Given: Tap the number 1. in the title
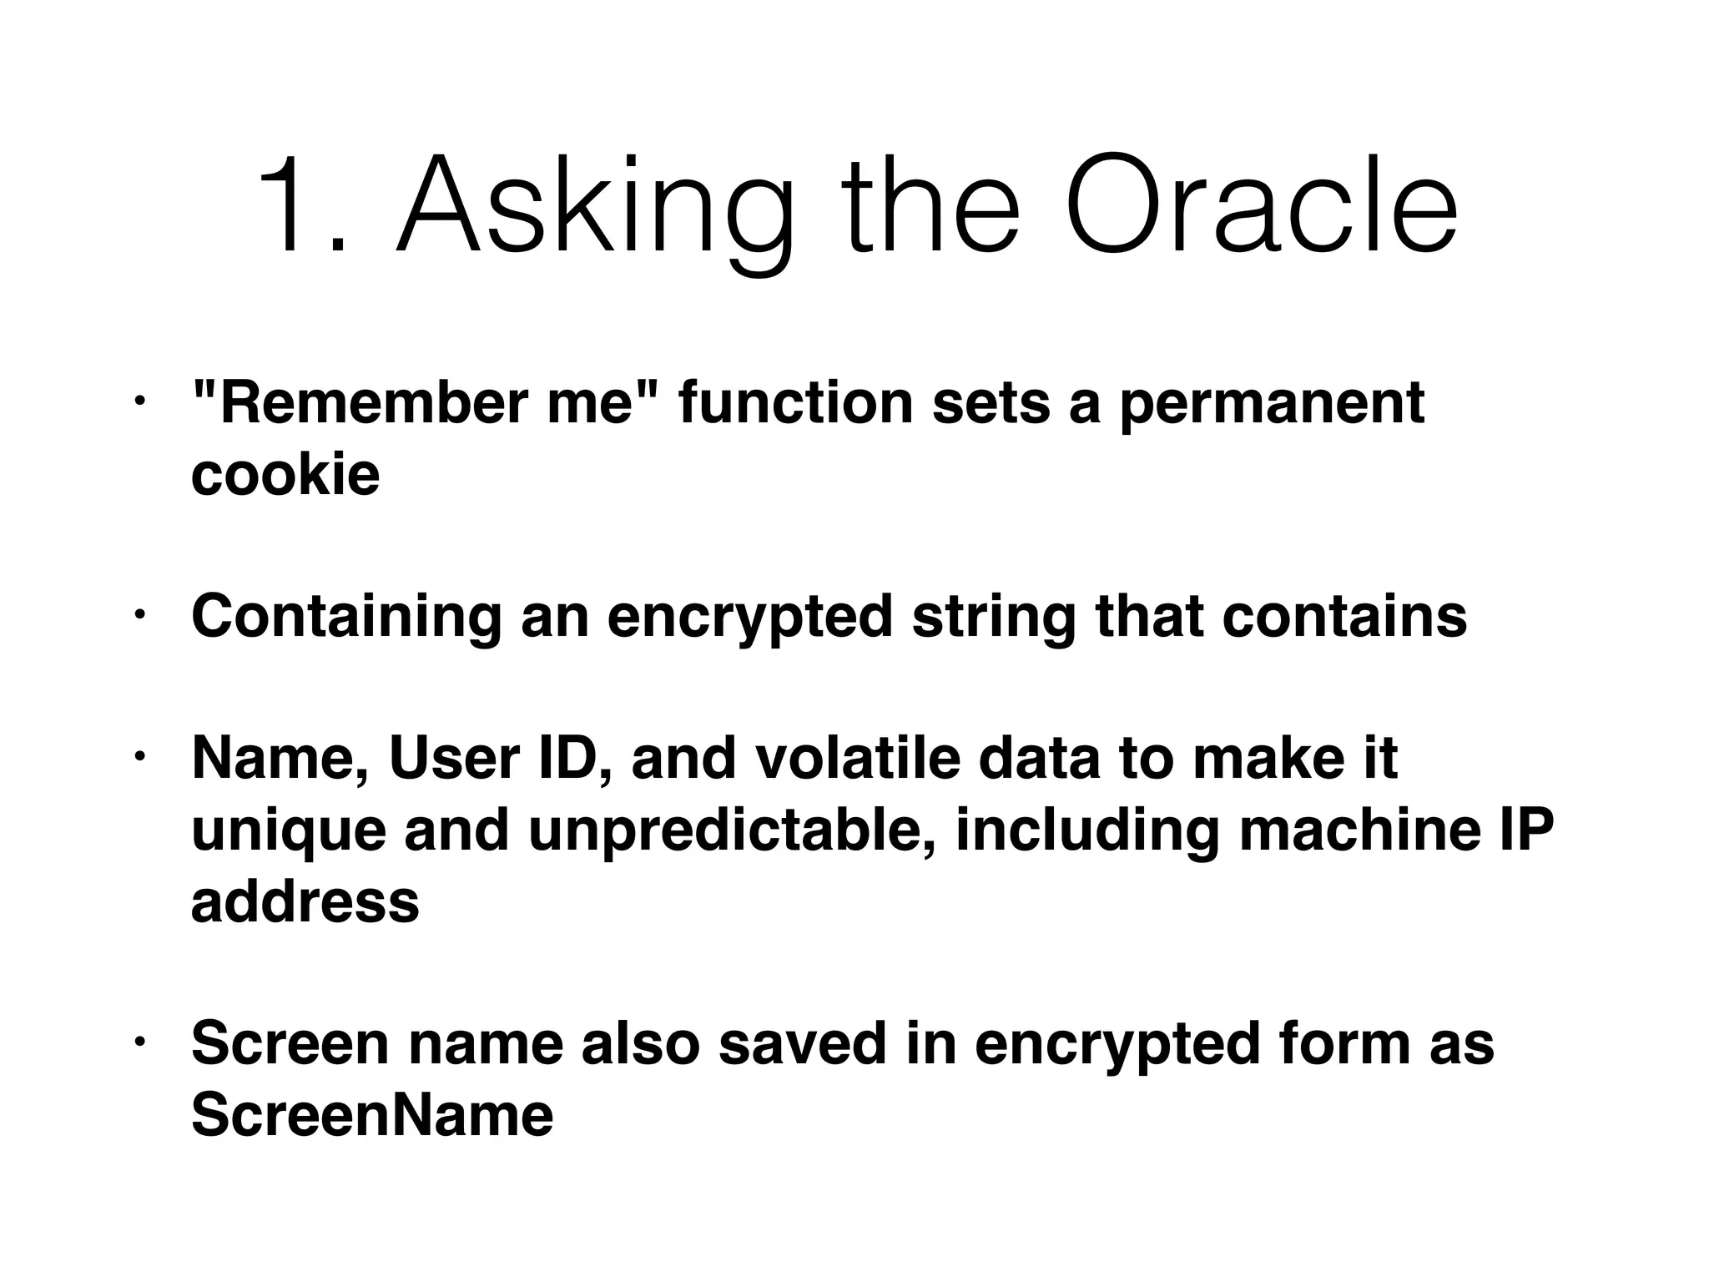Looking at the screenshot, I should [301, 206].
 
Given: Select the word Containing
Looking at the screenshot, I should [346, 618].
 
